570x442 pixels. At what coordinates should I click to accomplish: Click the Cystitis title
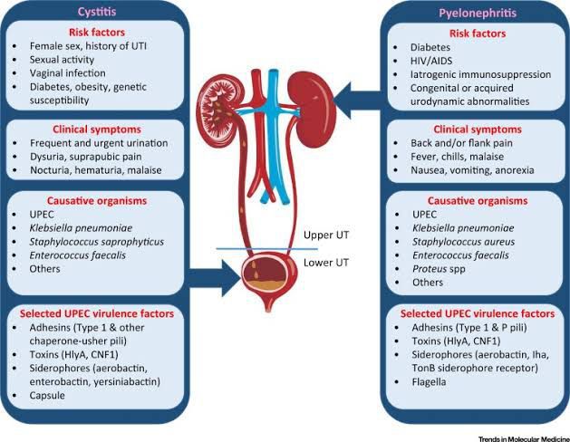tap(101, 13)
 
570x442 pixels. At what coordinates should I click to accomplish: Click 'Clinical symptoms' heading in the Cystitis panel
tap(101, 130)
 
